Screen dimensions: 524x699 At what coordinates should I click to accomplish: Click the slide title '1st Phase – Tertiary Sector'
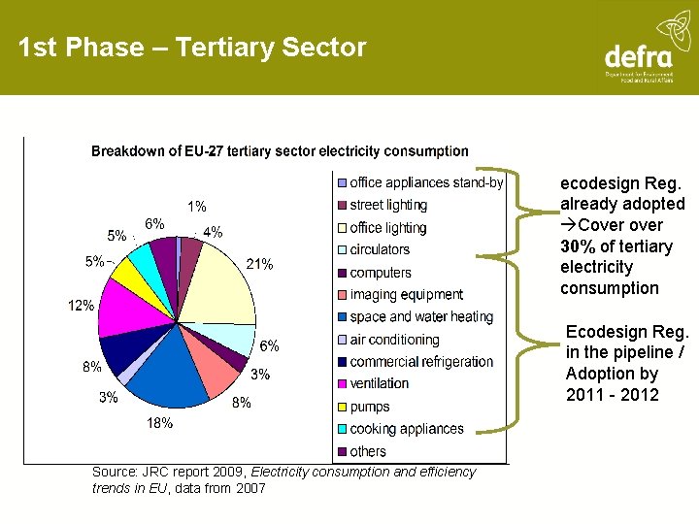tap(192, 48)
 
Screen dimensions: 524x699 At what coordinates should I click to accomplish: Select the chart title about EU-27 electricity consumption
tap(280, 151)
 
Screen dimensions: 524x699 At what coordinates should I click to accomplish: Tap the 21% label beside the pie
tap(259, 264)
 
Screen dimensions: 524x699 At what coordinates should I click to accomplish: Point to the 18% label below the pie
tap(160, 422)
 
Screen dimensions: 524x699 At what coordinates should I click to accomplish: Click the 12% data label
tap(81, 306)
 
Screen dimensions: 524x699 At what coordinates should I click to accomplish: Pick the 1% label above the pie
tap(196, 207)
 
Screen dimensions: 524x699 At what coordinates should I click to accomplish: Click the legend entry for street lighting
tap(387, 205)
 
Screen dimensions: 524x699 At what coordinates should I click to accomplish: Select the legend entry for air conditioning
tap(394, 340)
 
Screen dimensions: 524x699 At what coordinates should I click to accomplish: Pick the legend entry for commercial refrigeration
tap(421, 362)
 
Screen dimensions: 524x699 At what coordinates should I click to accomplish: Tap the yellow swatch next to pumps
tap(342, 407)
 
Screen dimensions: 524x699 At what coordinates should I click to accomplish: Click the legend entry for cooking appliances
tap(406, 429)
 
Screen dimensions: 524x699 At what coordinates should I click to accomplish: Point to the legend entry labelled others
tap(367, 451)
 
